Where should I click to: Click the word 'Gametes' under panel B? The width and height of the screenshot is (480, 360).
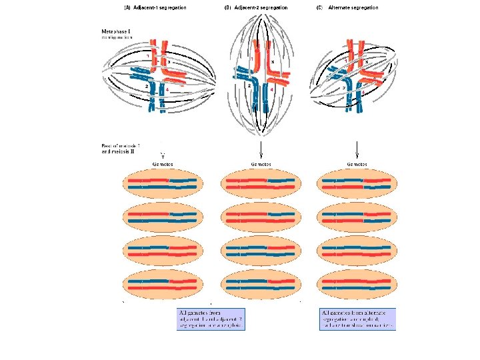pos(260,163)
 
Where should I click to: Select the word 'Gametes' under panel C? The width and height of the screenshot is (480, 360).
pos(358,163)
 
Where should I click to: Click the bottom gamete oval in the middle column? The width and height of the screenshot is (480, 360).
pos(260,283)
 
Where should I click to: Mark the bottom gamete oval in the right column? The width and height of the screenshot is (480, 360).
pos(358,283)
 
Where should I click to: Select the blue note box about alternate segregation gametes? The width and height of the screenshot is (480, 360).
pos(358,319)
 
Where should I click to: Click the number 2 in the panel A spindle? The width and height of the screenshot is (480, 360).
pos(146,87)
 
